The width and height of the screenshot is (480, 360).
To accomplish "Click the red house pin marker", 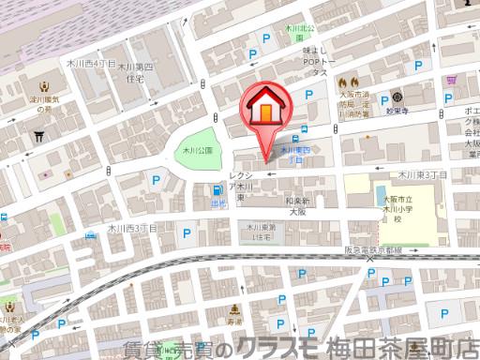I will pos(266,111).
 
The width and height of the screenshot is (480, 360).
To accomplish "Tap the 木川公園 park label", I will pos(198,150).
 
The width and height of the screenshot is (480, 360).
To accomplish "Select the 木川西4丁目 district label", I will pos(91,64).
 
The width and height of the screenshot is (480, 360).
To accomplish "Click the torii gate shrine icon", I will pos(38,135).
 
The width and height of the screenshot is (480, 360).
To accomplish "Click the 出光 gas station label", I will pos(217,202).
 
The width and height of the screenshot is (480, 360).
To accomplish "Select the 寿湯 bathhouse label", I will pos(234,322).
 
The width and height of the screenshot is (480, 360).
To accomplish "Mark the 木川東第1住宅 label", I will pos(260,232).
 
